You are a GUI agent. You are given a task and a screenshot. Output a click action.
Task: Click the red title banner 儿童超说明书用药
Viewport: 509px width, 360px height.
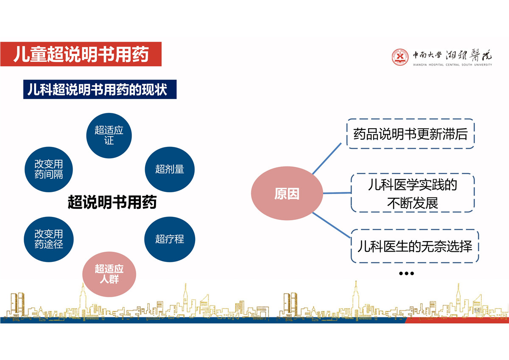click(81, 54)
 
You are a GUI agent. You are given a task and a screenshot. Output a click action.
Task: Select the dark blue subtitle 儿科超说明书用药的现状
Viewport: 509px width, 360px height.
click(100, 89)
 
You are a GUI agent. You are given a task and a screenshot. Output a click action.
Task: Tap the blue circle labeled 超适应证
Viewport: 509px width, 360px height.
click(109, 135)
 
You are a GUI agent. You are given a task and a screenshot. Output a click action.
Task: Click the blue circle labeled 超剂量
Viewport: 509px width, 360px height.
click(170, 169)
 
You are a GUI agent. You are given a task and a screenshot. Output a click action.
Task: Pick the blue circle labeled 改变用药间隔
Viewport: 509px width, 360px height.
click(49, 169)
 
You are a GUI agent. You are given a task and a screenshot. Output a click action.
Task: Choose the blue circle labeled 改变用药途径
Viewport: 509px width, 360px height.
click(49, 239)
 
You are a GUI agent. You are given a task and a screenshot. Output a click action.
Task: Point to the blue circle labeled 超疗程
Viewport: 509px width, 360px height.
click(170, 239)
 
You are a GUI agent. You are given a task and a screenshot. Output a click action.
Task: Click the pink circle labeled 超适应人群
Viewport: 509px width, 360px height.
click(109, 274)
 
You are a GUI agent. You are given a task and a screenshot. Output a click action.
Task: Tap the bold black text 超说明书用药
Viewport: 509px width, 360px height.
click(112, 202)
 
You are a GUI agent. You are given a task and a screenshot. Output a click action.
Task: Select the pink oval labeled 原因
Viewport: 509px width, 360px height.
click(287, 193)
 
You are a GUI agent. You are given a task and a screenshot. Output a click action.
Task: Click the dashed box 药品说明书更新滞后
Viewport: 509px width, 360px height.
click(411, 134)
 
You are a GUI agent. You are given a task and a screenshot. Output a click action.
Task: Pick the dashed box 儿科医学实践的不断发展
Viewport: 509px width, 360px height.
click(413, 193)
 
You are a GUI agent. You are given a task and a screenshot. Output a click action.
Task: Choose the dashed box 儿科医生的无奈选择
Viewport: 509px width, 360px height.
click(415, 246)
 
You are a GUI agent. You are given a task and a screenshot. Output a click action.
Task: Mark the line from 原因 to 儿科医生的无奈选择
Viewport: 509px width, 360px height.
click(331, 225)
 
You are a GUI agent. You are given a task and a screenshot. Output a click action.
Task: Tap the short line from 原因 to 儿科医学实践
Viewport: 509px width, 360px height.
click(337, 193)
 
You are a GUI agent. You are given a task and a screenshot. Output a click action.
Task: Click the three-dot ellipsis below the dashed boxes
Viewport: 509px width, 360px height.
click(406, 273)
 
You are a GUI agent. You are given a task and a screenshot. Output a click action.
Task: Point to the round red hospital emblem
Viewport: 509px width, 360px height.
click(400, 57)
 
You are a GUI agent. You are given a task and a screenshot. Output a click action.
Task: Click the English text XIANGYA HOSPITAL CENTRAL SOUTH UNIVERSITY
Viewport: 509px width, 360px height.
click(452, 65)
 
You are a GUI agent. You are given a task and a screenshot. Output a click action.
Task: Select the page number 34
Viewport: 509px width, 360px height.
click(476, 310)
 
